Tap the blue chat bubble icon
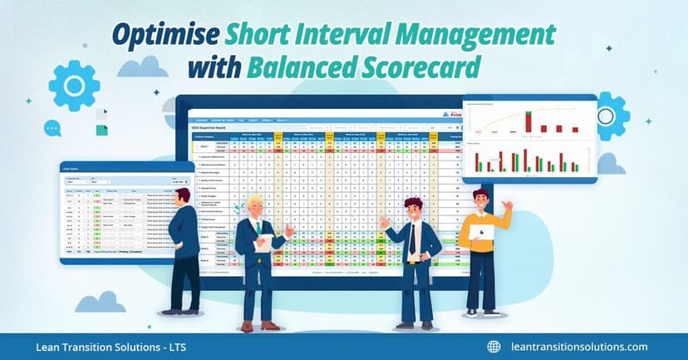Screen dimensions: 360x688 coord(52,128)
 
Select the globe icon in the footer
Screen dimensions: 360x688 coord(494,347)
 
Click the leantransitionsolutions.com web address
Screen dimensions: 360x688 coord(580,347)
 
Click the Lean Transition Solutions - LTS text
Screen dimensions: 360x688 coord(98,347)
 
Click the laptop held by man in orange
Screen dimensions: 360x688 coord(481,232)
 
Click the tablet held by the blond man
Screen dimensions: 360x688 coord(264,243)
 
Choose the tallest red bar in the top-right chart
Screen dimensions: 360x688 coord(527,122)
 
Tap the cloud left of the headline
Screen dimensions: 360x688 coord(142,67)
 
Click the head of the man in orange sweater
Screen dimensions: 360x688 coord(481,199)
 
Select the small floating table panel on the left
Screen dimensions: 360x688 coord(115,212)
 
